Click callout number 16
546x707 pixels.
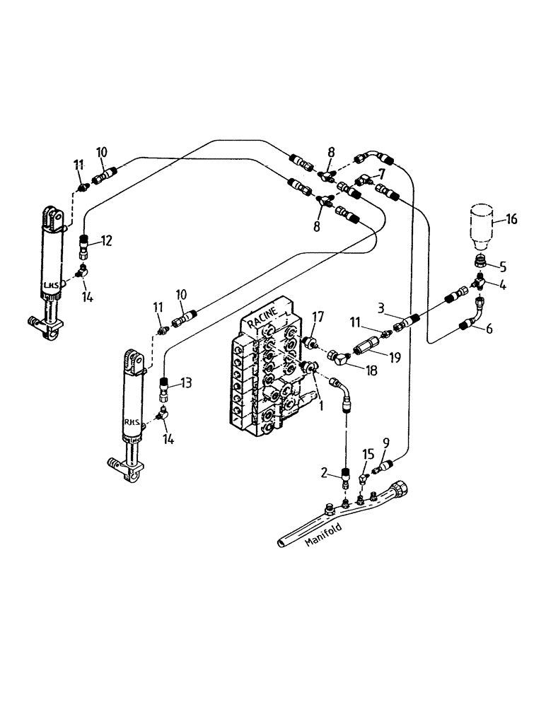pos(511,220)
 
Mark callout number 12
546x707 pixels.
pos(106,241)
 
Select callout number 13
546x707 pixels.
pos(185,382)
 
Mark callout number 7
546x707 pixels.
pos(382,174)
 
